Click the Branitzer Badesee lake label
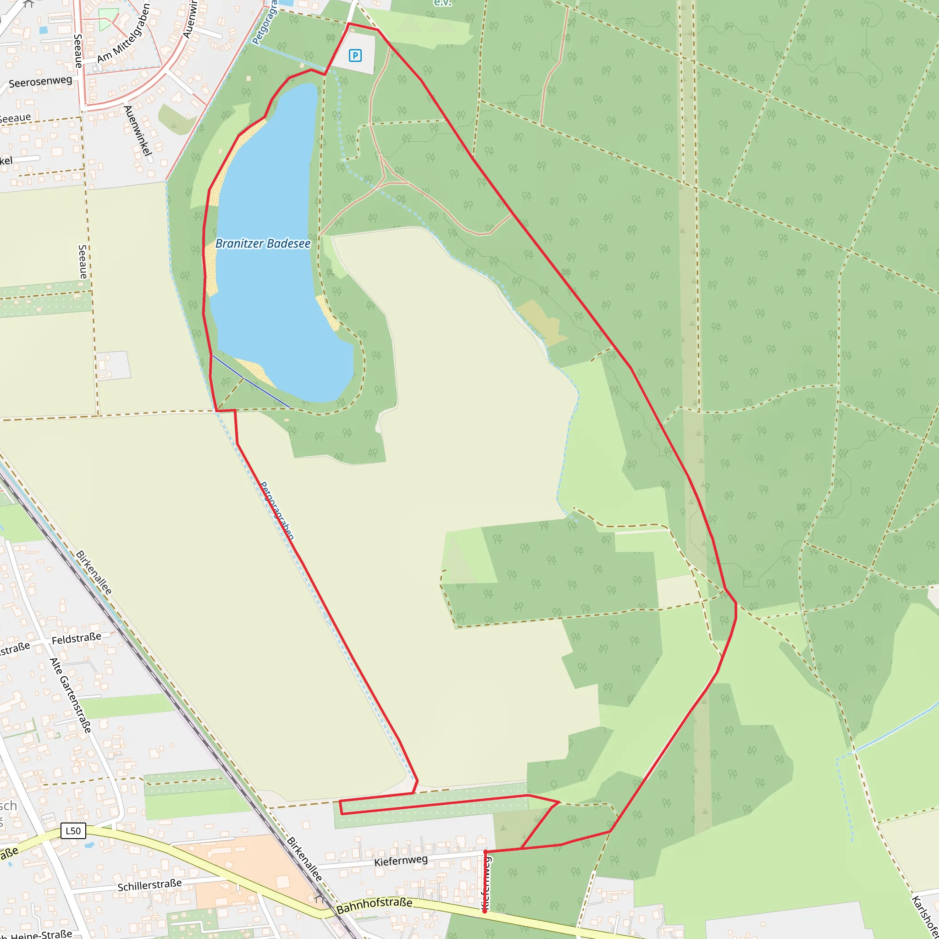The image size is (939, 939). (x=262, y=243)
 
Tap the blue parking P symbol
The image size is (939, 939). (x=355, y=56)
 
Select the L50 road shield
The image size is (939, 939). (x=73, y=831)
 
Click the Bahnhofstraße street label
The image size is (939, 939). (x=374, y=906)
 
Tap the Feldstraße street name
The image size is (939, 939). (x=76, y=638)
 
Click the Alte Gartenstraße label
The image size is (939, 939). (x=71, y=696)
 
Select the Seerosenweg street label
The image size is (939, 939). (x=40, y=82)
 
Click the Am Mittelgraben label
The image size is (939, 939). (x=124, y=33)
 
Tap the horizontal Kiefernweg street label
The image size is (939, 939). (x=401, y=861)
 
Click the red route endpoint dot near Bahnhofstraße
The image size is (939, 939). (x=485, y=911)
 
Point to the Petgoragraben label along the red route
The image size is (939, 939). (x=277, y=510)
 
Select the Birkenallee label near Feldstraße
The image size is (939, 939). (x=94, y=573)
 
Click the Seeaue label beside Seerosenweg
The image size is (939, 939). (x=78, y=50)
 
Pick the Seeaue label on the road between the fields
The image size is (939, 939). (x=83, y=261)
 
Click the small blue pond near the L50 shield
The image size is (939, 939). (x=89, y=845)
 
